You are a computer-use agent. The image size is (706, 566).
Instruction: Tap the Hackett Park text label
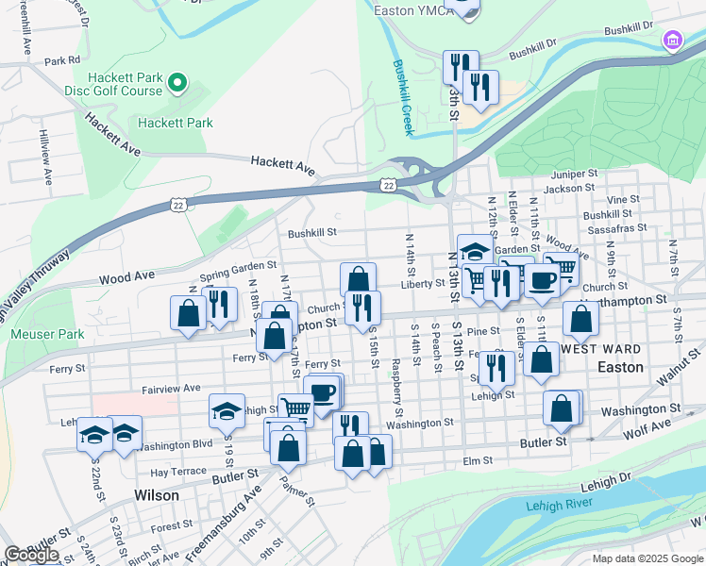click(175, 123)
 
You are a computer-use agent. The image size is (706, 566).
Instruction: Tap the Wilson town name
click(157, 495)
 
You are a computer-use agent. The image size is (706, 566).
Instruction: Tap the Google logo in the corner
click(31, 555)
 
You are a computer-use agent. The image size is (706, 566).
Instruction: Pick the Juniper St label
click(575, 174)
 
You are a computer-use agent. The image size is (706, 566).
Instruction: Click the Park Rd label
click(61, 60)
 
